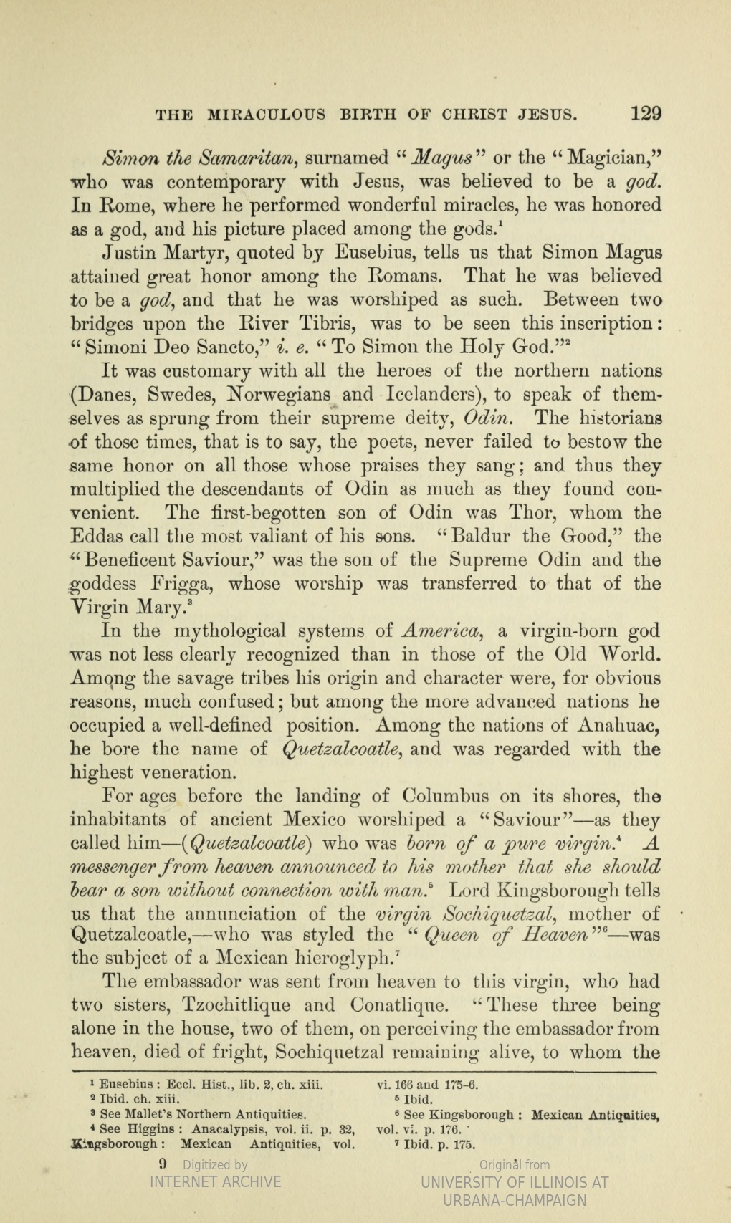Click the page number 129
[646, 113]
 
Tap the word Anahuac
[618, 726]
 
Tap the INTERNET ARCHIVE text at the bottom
[215, 1181]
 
